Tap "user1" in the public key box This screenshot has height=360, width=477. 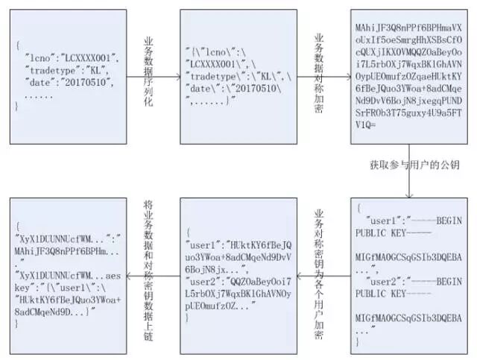[382, 220]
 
